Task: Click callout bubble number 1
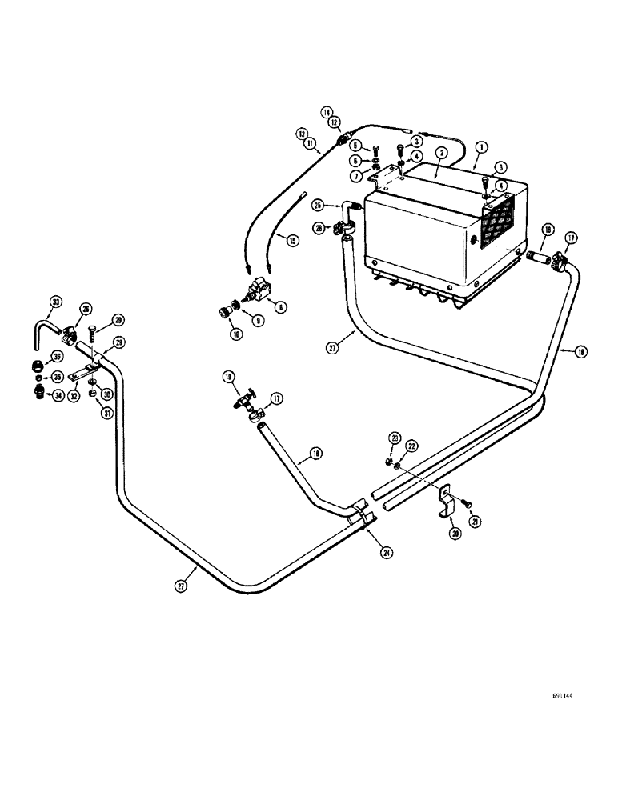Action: point(481,146)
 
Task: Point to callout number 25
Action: point(319,205)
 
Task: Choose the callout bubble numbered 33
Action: point(55,302)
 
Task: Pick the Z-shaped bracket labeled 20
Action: point(448,503)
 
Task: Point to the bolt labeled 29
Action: point(94,331)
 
